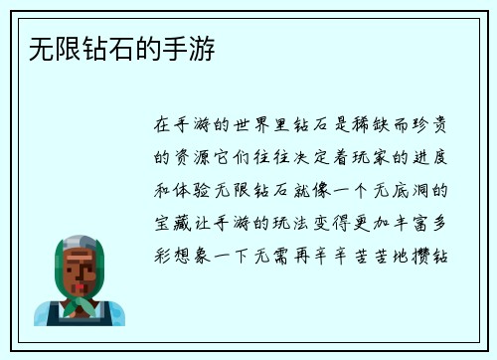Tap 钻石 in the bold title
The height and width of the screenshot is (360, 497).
[x=88, y=48]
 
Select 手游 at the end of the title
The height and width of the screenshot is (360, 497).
[x=199, y=48]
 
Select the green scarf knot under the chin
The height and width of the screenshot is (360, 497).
[x=81, y=301]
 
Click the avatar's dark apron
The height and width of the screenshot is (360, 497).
[x=81, y=318]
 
